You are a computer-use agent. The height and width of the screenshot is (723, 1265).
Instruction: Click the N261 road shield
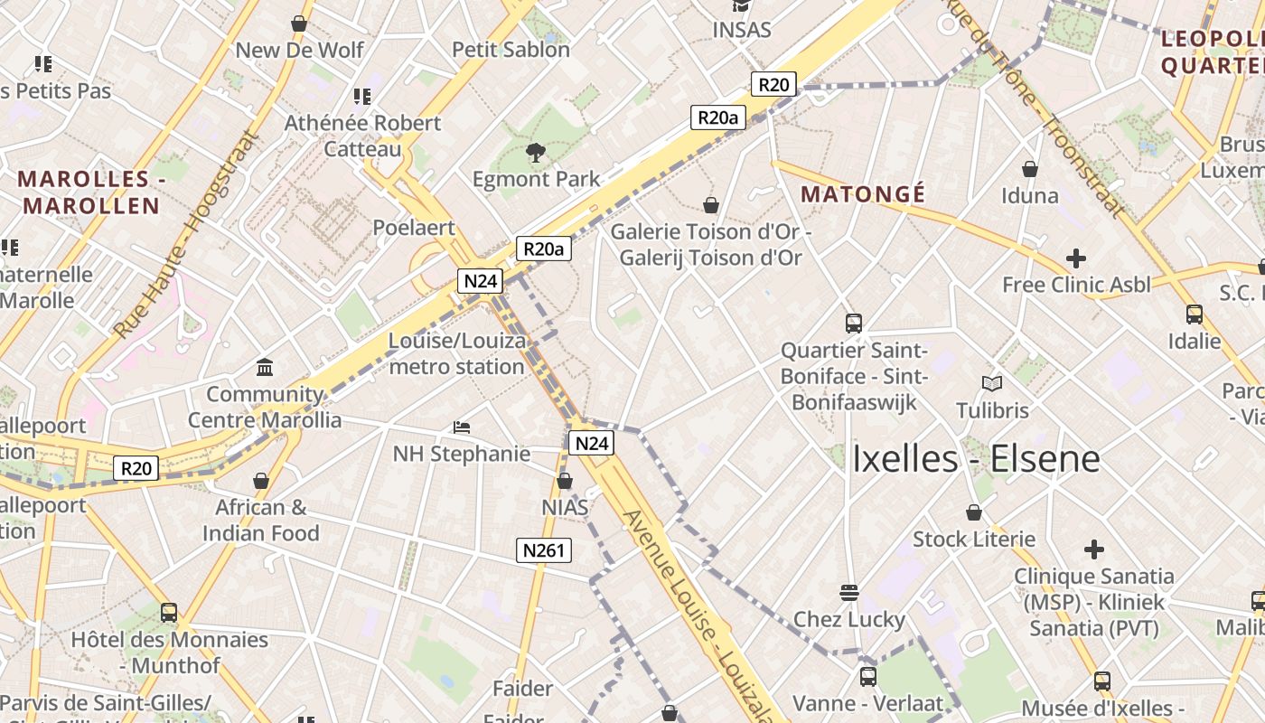(544, 549)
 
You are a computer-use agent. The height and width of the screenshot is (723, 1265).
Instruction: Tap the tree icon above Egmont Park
(536, 152)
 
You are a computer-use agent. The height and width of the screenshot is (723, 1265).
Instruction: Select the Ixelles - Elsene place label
(976, 459)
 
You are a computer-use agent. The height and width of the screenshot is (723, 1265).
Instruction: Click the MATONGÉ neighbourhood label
(863, 194)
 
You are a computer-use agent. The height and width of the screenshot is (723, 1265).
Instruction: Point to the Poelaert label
(414, 228)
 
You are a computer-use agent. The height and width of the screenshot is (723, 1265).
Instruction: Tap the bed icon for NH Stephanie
(462, 427)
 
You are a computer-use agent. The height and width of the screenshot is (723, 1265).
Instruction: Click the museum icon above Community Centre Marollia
(265, 367)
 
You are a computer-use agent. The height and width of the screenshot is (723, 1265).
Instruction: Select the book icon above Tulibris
(992, 383)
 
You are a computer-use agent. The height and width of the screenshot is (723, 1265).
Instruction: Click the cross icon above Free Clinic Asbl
(1075, 258)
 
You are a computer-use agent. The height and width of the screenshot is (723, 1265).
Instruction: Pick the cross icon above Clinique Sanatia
(1093, 549)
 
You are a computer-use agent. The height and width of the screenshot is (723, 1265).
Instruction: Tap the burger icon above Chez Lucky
(848, 593)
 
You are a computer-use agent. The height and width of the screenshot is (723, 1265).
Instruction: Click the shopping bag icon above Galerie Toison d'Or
(711, 205)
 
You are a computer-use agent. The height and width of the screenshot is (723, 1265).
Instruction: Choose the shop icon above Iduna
(1029, 169)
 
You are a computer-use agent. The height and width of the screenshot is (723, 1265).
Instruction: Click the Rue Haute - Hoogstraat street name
(185, 238)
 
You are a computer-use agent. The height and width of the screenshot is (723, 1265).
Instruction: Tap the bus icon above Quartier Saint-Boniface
(853, 323)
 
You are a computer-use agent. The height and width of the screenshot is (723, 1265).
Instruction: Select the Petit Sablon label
(511, 50)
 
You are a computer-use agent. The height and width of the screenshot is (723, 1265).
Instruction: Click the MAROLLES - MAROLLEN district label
(90, 192)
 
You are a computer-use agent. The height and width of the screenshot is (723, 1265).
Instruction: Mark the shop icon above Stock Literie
(973, 512)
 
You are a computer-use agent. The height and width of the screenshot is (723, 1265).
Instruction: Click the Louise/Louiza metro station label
(457, 354)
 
